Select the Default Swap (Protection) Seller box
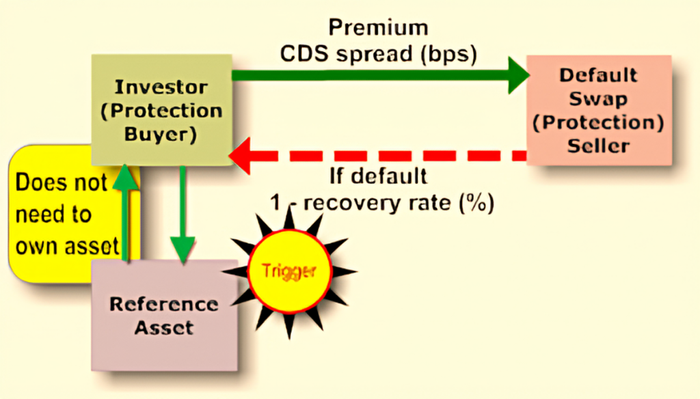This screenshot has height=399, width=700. [x=598, y=110]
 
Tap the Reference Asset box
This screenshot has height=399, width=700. [x=164, y=315]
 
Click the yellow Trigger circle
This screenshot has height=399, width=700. [x=288, y=271]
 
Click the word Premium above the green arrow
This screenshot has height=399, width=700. [x=378, y=28]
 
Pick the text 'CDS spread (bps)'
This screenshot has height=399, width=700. [x=378, y=54]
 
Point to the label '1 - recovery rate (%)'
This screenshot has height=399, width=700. [x=380, y=203]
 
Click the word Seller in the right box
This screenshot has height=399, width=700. [x=598, y=146]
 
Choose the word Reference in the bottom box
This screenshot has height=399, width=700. [x=164, y=304]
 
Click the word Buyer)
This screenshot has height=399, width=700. [x=160, y=133]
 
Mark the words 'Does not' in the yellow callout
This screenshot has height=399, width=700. [x=61, y=183]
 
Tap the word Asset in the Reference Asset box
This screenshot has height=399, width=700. [x=164, y=327]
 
